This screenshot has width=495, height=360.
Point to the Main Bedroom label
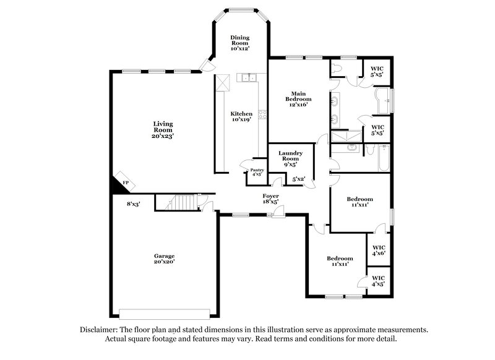click(298, 99)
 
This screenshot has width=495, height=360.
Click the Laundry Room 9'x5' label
click(290, 159)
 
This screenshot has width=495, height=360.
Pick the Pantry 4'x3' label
click(257, 172)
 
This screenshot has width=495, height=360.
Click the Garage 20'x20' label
click(165, 259)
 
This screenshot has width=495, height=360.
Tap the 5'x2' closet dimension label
click(299, 179)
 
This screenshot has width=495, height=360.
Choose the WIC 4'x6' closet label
click(379, 249)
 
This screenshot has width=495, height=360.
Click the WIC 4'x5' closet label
click(379, 281)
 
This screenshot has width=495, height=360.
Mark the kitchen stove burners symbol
click(262, 114)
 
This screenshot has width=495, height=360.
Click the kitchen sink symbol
click(250, 78)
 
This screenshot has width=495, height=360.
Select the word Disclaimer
click(98, 330)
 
